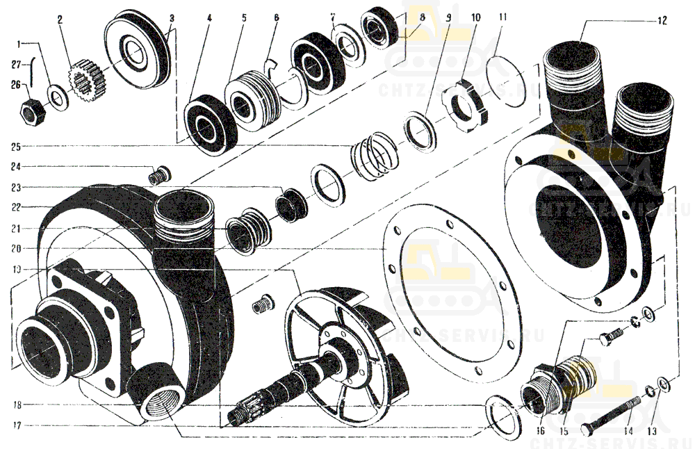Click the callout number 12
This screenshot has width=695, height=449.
[x=662, y=21]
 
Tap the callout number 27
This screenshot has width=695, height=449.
[x=15, y=65]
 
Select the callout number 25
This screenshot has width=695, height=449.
[x=16, y=147]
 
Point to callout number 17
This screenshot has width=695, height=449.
[x=16, y=425]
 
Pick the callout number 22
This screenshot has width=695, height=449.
[x=16, y=206]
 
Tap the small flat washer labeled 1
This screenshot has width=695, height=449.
[x=58, y=97]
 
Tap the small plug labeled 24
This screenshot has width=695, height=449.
[x=159, y=174]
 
